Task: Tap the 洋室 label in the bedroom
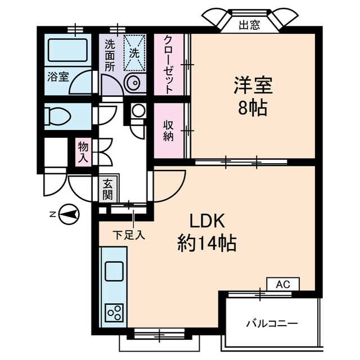(253, 85)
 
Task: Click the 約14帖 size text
(206, 244)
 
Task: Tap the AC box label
(283, 285)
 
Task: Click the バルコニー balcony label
(272, 323)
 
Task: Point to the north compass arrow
(69, 214)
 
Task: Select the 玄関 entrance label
(107, 190)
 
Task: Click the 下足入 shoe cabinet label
(129, 235)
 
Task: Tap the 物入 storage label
(83, 152)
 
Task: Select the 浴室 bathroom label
(58, 76)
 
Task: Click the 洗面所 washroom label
(109, 53)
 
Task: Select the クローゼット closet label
(169, 64)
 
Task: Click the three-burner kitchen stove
(114, 312)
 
